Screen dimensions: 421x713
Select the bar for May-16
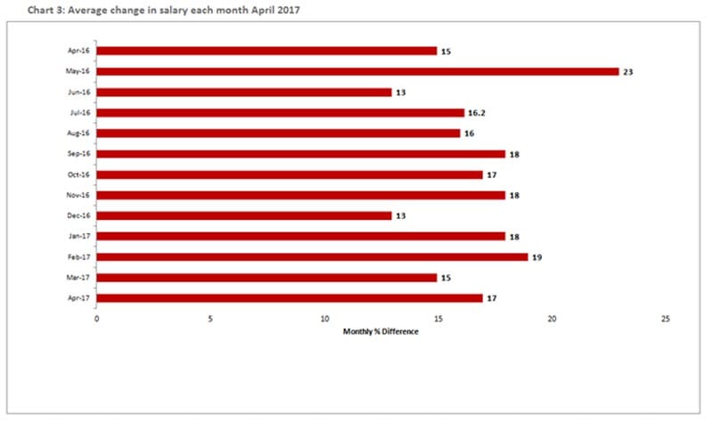pos(357,71)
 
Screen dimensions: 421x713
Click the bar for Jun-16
pos(243,92)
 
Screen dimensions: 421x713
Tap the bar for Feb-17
pos(312,256)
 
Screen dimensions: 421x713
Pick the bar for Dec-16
pos(243,215)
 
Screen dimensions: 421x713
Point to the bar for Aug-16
pos(278,133)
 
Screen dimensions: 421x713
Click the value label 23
pos(629,71)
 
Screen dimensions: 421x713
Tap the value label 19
pos(537,256)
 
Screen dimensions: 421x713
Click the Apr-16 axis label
pos(78,51)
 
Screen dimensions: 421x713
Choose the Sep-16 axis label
pos(78,154)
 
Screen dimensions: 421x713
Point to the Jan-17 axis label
pos(78,236)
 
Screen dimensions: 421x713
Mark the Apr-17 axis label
pos(78,298)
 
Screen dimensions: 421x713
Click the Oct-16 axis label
pos(78,174)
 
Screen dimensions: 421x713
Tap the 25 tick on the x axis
pos(666,318)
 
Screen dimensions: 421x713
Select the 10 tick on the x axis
pos(324,318)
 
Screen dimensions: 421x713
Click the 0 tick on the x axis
pos(97,318)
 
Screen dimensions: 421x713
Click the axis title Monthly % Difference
pos(381,331)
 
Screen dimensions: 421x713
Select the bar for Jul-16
pos(281,112)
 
